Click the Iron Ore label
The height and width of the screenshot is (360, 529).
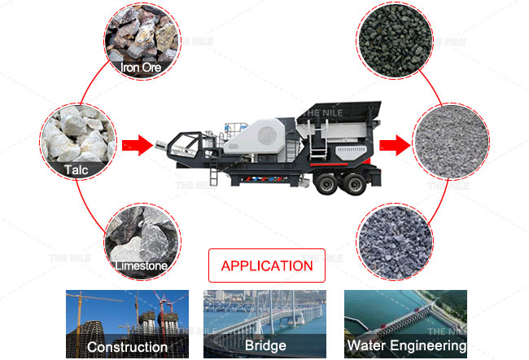point(141,68)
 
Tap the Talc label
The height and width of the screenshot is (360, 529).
point(77,170)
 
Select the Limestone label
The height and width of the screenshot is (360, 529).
point(142,266)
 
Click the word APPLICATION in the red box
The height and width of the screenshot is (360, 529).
point(267,266)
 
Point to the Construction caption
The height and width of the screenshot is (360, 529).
point(127,347)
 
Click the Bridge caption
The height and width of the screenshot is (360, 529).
point(265,345)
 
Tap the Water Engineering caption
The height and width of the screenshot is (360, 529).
point(407,345)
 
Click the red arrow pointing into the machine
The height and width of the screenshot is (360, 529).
point(138,145)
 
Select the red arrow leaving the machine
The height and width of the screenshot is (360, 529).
point(395,145)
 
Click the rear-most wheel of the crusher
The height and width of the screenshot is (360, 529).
point(355,184)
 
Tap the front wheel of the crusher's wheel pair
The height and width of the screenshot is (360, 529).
point(326,184)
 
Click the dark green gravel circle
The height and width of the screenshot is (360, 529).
point(395,41)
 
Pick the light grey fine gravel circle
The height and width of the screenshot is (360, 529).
point(451,141)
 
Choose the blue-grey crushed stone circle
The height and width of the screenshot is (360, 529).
point(395,241)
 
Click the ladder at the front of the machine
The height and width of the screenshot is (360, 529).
point(213,172)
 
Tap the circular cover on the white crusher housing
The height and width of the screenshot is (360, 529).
point(268,135)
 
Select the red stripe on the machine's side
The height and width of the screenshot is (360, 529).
point(329,165)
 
